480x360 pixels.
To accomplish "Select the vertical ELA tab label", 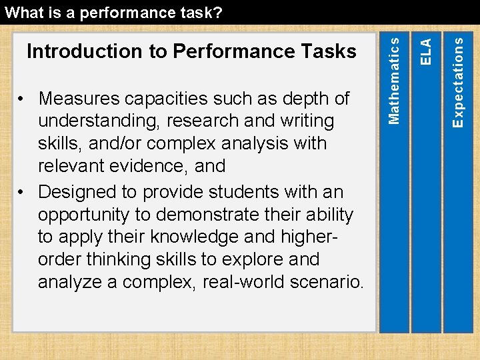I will click(x=426, y=51).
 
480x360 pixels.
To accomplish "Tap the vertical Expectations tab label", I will click(x=458, y=81).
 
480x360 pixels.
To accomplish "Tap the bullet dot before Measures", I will click(x=23, y=99).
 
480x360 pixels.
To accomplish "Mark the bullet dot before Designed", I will click(x=23, y=193).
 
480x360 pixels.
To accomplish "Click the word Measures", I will click(x=79, y=99).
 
